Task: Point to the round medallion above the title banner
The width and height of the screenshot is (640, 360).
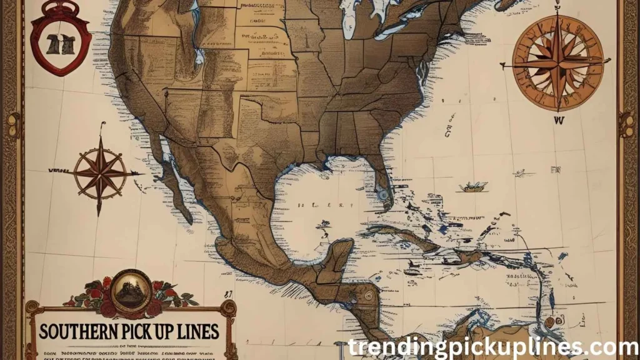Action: click(x=131, y=289)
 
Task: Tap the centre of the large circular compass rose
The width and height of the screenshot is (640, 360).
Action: click(x=557, y=62)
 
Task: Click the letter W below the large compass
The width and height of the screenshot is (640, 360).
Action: click(x=558, y=119)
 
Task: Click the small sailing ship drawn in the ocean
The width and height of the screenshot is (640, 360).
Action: click(x=472, y=186)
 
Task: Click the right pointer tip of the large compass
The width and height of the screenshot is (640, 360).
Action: click(x=609, y=60)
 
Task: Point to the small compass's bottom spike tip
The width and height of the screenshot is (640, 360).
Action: click(x=99, y=214)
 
